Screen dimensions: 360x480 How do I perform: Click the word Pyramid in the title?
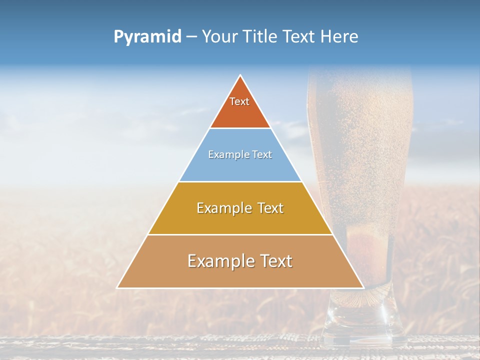click(x=147, y=37)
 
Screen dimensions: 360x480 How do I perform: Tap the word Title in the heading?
click(x=260, y=37)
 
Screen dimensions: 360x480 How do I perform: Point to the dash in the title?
click(x=191, y=37)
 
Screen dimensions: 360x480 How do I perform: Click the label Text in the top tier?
click(x=239, y=101)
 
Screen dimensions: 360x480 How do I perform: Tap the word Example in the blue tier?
click(x=225, y=155)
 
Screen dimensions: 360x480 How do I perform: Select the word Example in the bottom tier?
click(x=218, y=261)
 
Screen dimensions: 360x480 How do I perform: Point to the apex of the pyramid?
click(x=240, y=76)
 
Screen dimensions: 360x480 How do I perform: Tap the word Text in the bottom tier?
click(x=276, y=261)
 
